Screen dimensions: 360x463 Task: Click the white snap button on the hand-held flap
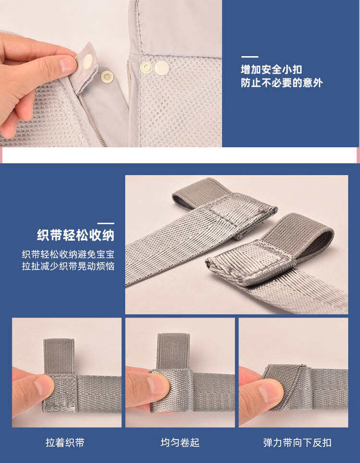(x=87, y=61)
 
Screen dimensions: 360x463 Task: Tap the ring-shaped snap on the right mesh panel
(x=144, y=67)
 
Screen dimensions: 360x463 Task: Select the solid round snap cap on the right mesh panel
(x=162, y=68)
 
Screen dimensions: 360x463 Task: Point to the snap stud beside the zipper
(x=107, y=76)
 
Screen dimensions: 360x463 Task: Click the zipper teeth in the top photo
(x=92, y=120)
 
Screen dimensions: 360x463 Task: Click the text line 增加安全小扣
(x=271, y=70)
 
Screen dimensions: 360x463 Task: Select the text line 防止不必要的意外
(x=281, y=83)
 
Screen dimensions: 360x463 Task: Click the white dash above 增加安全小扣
(x=250, y=57)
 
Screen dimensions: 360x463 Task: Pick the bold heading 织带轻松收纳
(x=76, y=236)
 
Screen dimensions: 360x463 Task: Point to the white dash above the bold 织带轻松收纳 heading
(x=106, y=224)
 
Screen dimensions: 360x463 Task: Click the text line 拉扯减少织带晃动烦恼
(x=68, y=266)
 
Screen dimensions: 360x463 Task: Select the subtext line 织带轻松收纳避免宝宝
(x=68, y=254)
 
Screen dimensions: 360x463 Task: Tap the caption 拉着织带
(x=65, y=443)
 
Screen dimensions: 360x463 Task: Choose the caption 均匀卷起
(x=180, y=443)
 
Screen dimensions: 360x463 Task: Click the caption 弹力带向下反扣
(x=297, y=443)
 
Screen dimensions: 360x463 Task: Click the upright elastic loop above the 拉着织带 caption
(x=59, y=356)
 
